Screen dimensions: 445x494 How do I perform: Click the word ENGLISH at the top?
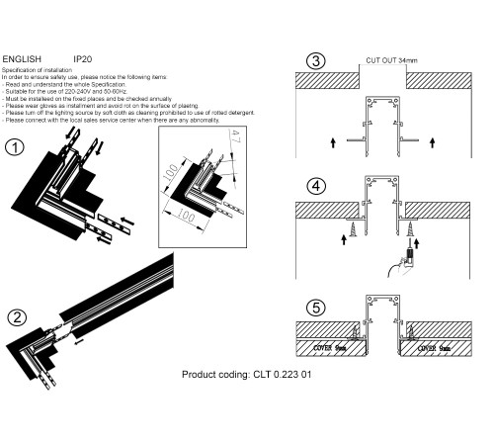(x=22, y=59)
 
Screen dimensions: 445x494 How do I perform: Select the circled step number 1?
(x=15, y=148)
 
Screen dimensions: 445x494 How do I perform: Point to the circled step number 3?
(x=315, y=60)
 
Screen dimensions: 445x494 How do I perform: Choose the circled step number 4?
(x=315, y=185)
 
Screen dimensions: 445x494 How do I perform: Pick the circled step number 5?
(x=315, y=309)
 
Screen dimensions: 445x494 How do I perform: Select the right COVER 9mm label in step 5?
(x=436, y=347)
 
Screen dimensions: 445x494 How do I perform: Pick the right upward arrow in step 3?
(x=436, y=143)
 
